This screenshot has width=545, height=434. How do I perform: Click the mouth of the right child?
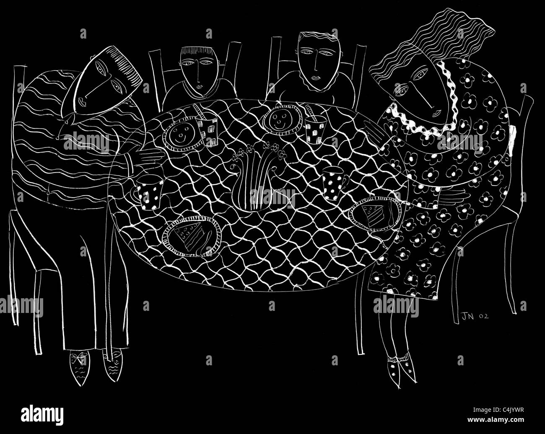tap(316, 77)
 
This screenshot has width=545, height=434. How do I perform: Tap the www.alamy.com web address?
tap(496, 420)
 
